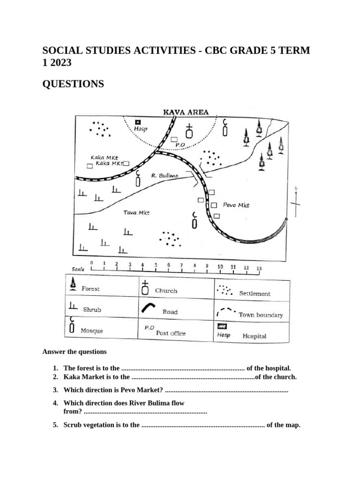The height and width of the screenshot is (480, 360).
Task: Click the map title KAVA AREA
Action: pyautogui.click(x=186, y=112)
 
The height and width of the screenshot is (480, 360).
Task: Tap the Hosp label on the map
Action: pyautogui.click(x=140, y=129)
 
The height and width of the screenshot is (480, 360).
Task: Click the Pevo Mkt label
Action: pyautogui.click(x=236, y=205)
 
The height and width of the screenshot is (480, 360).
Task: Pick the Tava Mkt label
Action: pyautogui.click(x=136, y=212)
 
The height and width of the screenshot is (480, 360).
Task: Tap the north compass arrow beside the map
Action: pyautogui.click(x=296, y=202)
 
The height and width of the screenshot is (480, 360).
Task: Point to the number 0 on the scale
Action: pyautogui.click(x=91, y=263)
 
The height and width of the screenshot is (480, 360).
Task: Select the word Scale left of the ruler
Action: pyautogui.click(x=78, y=270)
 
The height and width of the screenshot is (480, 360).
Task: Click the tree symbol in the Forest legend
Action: pyautogui.click(x=73, y=283)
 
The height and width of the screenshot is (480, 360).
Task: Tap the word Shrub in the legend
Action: pyautogui.click(x=92, y=309)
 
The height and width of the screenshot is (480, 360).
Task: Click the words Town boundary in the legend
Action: pyautogui.click(x=261, y=315)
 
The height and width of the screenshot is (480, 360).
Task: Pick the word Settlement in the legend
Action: pyautogui.click(x=255, y=293)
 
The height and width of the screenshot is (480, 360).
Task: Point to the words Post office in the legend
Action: pyautogui.click(x=171, y=333)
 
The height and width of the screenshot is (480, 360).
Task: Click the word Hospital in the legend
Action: pyautogui.click(x=255, y=336)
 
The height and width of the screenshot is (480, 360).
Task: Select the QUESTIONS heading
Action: pyautogui.click(x=73, y=84)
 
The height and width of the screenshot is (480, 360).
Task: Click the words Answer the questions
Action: pyautogui.click(x=75, y=352)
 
